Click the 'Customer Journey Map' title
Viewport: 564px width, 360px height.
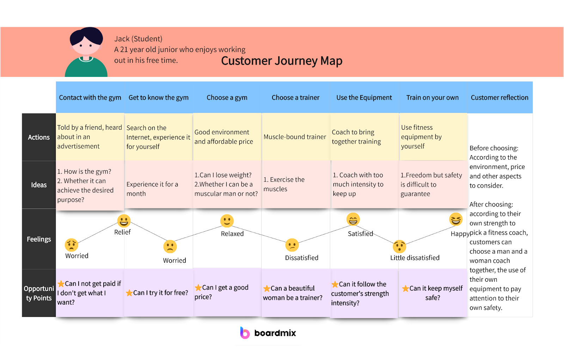pos(282,61)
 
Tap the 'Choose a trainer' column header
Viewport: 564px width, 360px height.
pos(295,98)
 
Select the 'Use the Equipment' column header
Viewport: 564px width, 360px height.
pos(364,98)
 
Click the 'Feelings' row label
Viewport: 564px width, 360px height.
pos(39,239)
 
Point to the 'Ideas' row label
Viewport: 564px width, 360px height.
pos(39,185)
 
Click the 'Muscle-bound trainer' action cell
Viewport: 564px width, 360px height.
pos(295,137)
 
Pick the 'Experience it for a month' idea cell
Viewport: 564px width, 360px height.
pos(152,189)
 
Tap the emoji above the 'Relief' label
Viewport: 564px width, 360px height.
pos(124,221)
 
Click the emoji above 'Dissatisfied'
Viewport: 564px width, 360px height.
pos(292,245)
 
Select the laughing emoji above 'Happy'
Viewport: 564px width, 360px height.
pos(455,219)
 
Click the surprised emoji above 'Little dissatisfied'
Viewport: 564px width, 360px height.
pos(399,246)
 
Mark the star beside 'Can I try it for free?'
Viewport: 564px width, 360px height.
pos(129,293)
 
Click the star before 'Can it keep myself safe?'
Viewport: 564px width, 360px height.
pos(406,288)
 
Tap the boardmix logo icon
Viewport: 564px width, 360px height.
pos(245,333)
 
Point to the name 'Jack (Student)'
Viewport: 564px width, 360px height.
pos(138,39)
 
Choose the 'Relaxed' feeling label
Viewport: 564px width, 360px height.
pos(232,234)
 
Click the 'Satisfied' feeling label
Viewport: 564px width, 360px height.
pos(360,234)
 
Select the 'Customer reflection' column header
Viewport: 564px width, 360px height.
pos(499,98)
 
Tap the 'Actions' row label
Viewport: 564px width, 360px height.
pos(39,137)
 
